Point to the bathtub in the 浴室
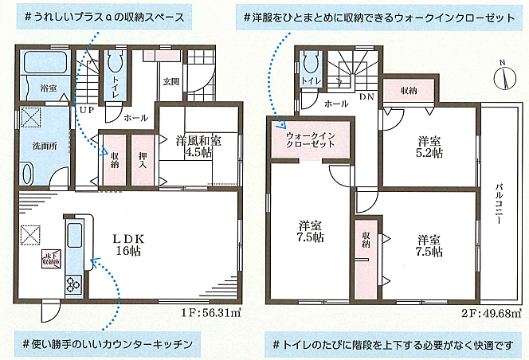pyautogui.click(x=43, y=63)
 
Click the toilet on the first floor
pyautogui.click(x=111, y=63)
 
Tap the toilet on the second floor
pyautogui.click(x=310, y=62)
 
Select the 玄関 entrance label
pyautogui.click(x=171, y=81)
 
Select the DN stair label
pyautogui.click(x=366, y=96)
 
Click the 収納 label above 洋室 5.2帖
pyautogui.click(x=408, y=89)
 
